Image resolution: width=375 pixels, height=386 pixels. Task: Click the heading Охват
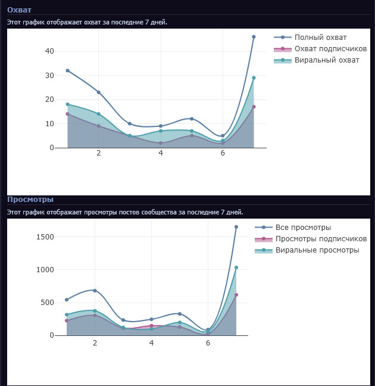(19, 10)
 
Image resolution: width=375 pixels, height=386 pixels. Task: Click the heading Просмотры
(30, 199)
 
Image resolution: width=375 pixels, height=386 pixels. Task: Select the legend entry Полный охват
(320, 38)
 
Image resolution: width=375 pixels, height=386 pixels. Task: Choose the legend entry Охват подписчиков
(330, 49)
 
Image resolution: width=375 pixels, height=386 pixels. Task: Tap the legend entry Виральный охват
(327, 60)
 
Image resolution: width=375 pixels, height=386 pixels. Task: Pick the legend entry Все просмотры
(303, 228)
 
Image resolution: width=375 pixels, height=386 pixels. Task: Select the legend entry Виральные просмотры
(317, 250)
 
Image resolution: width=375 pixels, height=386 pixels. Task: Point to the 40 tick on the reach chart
(49, 51)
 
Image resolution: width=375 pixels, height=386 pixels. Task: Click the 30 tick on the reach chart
(49, 76)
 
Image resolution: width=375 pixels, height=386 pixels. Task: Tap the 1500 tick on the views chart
(45, 237)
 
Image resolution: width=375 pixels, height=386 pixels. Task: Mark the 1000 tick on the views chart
(45, 270)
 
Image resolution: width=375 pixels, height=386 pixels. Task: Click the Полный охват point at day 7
(254, 37)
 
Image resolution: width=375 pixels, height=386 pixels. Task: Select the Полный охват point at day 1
(67, 70)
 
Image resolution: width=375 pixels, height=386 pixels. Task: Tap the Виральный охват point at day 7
(254, 77)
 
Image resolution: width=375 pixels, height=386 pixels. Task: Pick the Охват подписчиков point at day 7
(254, 107)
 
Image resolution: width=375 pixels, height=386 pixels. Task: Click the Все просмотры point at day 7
(236, 227)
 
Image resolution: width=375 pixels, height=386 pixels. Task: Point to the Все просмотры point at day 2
(95, 291)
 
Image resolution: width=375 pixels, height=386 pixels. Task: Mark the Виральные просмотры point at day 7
(236, 267)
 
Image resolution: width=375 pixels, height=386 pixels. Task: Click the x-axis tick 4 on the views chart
(151, 343)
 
